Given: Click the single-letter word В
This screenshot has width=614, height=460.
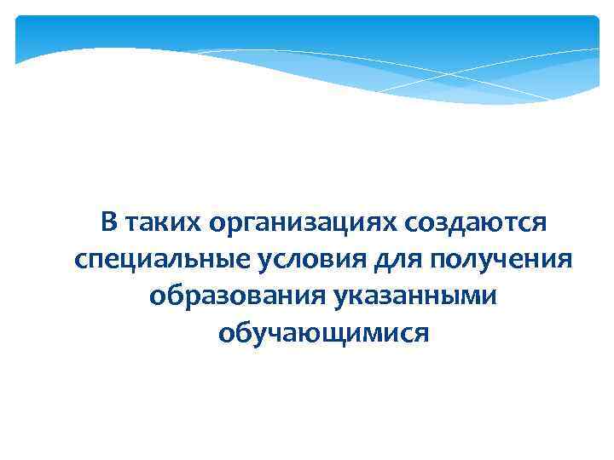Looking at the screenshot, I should click(108, 223).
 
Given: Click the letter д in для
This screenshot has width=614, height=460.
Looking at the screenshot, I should click(374, 260).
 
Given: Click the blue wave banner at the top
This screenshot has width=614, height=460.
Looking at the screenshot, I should click(307, 51).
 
